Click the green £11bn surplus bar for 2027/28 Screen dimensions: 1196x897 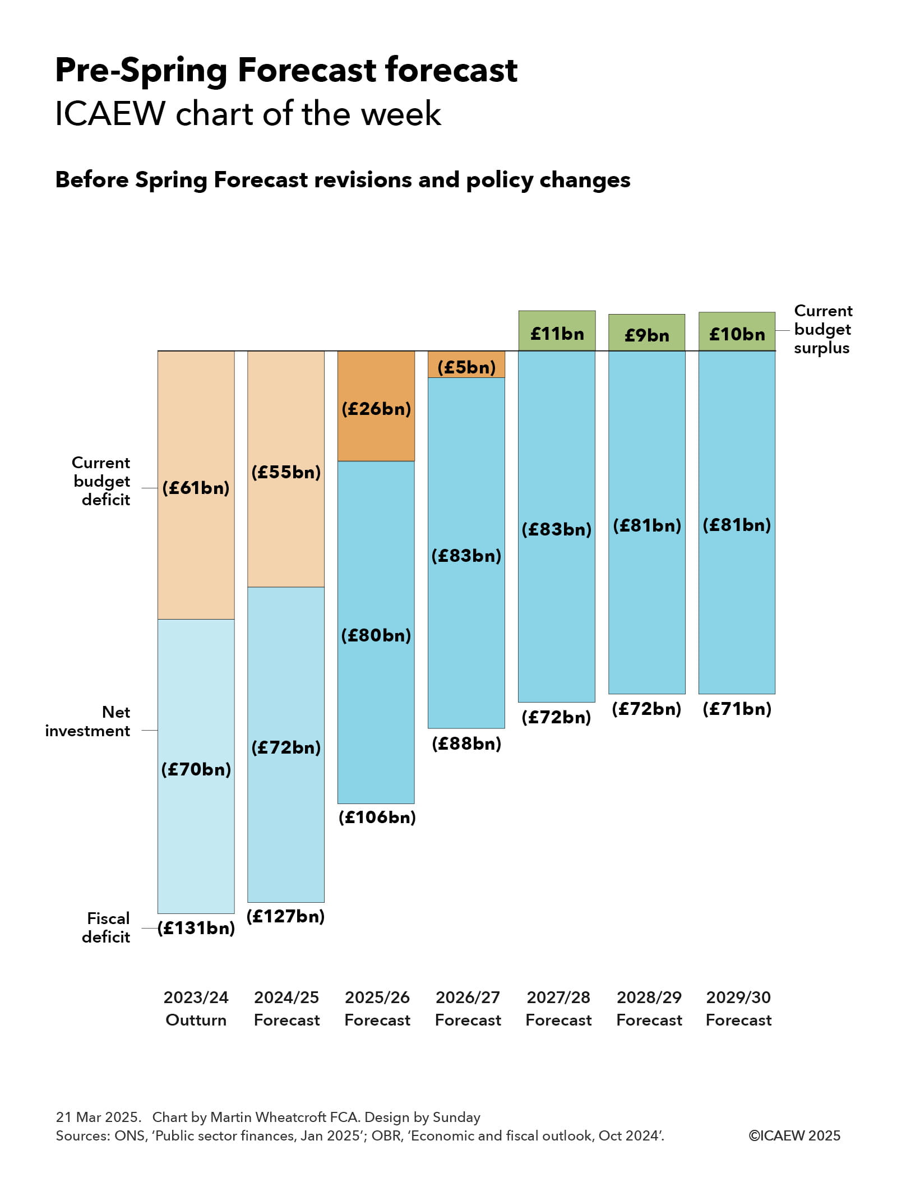pos(556,331)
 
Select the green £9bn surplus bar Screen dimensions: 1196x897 pos(646,333)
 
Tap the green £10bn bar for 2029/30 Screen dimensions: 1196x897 pos(737,332)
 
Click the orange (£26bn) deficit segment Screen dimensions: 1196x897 pos(376,407)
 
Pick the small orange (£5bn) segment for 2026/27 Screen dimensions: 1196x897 pos(466,364)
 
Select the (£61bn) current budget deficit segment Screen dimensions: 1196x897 pos(196,486)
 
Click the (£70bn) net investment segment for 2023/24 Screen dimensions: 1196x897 pos(196,767)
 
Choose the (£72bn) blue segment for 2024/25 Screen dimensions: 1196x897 pos(286,746)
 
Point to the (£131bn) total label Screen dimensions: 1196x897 pos(196,928)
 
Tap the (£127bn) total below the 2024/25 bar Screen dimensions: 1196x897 pos(286,916)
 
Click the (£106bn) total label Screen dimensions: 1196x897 pos(377,817)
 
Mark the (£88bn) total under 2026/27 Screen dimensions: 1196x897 pos(466,744)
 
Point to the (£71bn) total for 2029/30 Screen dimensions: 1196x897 pos(737,709)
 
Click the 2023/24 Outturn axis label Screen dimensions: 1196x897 pos(196,1009)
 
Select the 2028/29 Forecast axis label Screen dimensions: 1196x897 pos(649,1009)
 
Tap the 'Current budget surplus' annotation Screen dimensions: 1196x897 pos(822,329)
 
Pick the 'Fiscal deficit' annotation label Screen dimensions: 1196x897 pos(107,927)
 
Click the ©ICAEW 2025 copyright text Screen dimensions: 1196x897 pos(794,1135)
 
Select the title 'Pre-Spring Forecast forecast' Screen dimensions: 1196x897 pos(286,70)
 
